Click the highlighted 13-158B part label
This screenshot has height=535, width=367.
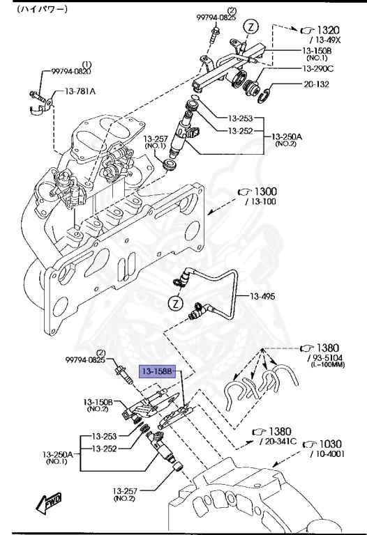pos(157,371)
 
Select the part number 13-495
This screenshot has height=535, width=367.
pos(262,296)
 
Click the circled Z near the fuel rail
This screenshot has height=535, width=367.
pos(251,27)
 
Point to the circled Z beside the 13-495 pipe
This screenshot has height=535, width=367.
pos(176,303)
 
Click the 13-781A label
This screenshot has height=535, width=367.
pos(80,91)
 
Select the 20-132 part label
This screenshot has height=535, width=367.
pos(317,84)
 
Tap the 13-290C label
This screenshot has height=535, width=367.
pos(317,68)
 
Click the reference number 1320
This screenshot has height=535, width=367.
pos(329,31)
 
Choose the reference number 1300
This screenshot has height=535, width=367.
pos(266,192)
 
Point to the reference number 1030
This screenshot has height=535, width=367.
pos(330,444)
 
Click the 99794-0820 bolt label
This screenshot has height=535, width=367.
pos(71,71)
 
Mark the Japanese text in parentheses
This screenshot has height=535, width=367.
pos(42,9)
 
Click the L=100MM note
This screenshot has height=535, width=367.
pos(328,364)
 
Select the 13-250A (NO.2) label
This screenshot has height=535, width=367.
pos(287,139)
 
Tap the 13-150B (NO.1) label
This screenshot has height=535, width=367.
pos(317,54)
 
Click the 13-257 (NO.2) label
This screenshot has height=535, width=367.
pos(125,495)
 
